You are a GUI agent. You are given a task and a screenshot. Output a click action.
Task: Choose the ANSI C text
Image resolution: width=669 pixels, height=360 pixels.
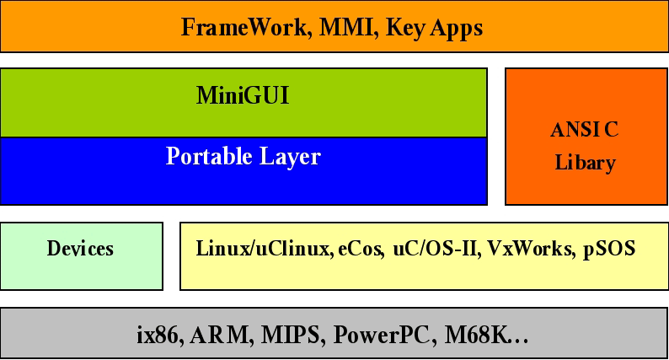pos(585,131)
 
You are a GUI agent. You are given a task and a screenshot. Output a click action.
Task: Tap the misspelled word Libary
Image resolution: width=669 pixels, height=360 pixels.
pos(585,163)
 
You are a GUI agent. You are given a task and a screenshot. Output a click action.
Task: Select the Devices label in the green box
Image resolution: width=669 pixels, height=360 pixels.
pos(80,249)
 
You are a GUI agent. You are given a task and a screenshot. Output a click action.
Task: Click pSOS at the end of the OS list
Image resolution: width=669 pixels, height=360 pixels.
pos(608,249)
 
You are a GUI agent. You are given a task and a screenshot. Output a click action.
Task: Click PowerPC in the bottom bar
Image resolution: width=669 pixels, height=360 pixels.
pos(384,335)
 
